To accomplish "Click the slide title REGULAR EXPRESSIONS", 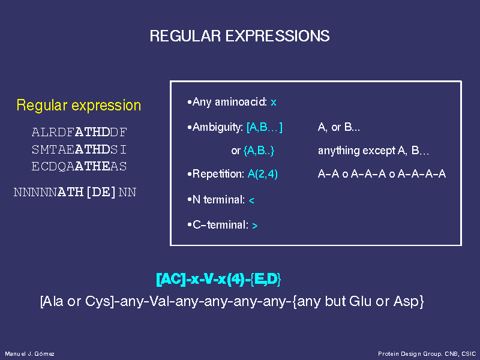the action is click(x=239, y=36).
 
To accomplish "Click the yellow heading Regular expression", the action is click(x=79, y=106).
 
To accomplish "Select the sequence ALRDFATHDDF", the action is click(x=79, y=132).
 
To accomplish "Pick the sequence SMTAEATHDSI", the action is click(x=79, y=149).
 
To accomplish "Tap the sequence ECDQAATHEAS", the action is click(x=79, y=166).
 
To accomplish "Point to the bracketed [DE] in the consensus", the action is click(x=101, y=192).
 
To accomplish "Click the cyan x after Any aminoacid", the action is click(x=274, y=103).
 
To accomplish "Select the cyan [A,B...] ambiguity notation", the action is click(x=265, y=127).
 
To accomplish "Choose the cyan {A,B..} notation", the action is click(x=259, y=151).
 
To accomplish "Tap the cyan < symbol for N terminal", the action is click(x=251, y=200).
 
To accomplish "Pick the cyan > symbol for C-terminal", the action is click(x=254, y=226).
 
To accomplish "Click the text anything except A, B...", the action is click(x=373, y=151).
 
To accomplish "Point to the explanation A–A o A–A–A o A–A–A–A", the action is click(x=382, y=174).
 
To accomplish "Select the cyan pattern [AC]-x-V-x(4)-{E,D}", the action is click(x=218, y=279).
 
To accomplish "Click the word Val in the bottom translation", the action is click(x=161, y=301).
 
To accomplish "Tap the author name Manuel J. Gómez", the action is click(x=29, y=354).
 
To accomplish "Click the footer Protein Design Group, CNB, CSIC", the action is click(x=427, y=354).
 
